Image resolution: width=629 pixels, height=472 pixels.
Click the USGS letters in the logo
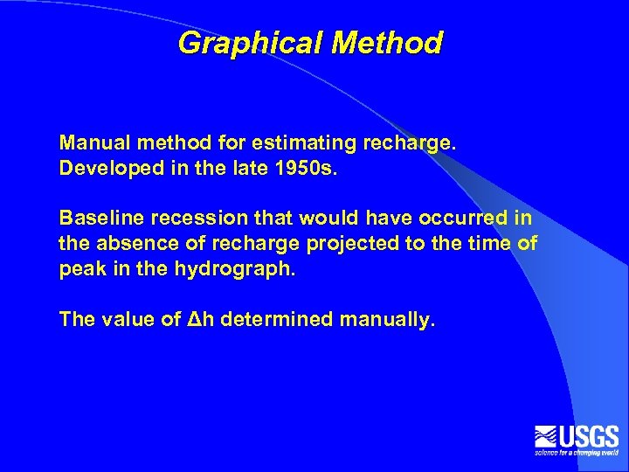tap(590, 435)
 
